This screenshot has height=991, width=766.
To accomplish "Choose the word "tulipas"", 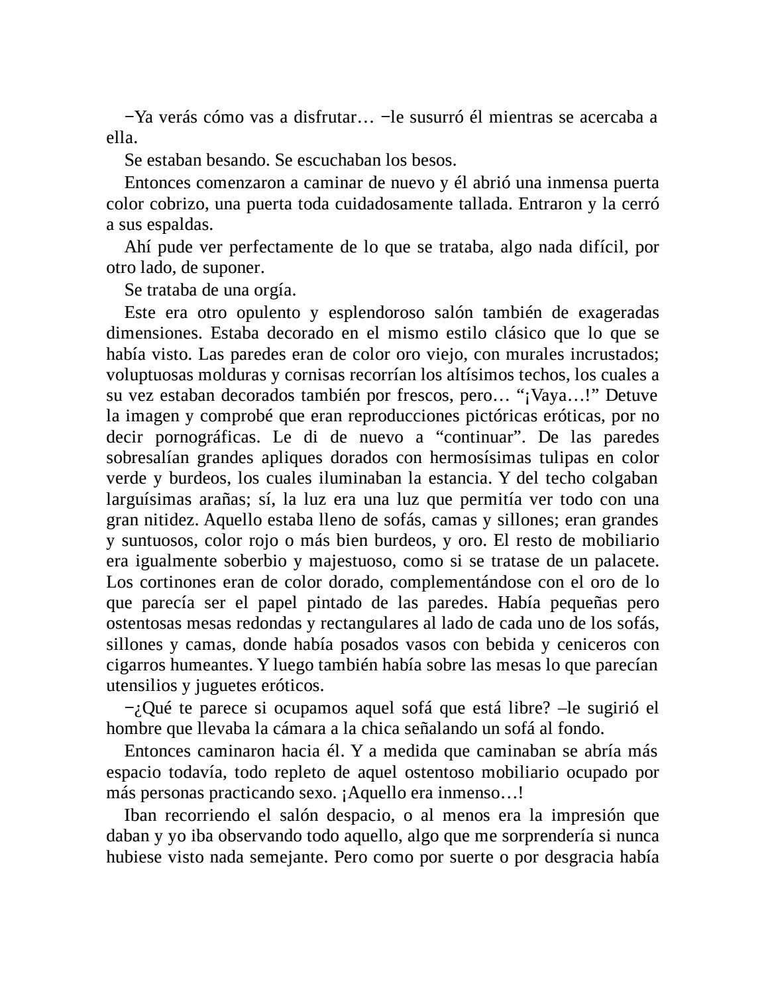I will [x=557, y=458].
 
